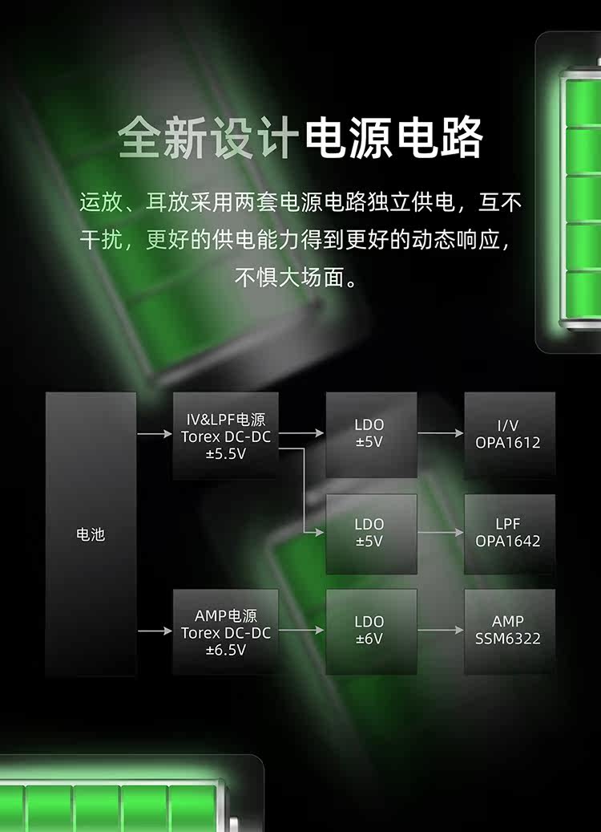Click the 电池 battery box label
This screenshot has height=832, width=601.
[91, 534]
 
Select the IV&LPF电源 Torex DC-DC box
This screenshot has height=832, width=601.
[226, 435]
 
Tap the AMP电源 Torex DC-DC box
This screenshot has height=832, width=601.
[226, 632]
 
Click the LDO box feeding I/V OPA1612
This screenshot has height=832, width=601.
[370, 434]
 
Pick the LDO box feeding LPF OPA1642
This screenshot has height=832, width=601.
[370, 533]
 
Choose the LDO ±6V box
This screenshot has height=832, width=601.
[370, 631]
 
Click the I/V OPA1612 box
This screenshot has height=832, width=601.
[509, 434]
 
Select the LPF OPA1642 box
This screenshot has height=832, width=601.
[509, 533]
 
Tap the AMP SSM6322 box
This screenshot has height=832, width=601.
[509, 631]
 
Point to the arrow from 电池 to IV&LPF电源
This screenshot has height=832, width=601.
[155, 434]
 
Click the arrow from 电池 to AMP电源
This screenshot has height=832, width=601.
[155, 631]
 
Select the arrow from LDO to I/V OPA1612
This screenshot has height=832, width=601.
[441, 434]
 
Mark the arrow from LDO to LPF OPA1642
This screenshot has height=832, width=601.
[441, 533]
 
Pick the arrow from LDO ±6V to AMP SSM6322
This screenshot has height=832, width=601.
[441, 631]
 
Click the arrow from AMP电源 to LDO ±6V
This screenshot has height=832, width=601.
[302, 631]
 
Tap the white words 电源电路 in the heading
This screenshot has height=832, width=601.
[393, 138]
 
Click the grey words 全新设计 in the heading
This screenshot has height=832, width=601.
[208, 138]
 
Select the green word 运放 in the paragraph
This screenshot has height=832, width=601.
[96, 201]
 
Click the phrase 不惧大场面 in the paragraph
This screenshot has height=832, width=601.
[293, 278]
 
